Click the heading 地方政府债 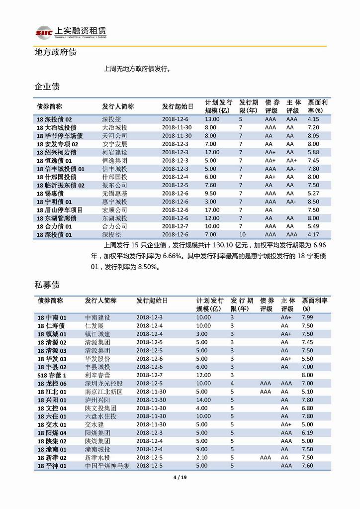(55, 52)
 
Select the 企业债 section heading (47, 87)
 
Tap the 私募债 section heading (47, 285)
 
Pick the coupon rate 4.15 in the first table (313, 119)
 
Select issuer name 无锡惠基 (114, 193)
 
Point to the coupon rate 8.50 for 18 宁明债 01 (313, 202)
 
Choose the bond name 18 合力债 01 (54, 226)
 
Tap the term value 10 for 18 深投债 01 (242, 234)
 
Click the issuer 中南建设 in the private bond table (97, 317)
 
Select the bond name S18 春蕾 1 (52, 375)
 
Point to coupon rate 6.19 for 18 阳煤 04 (307, 433)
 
